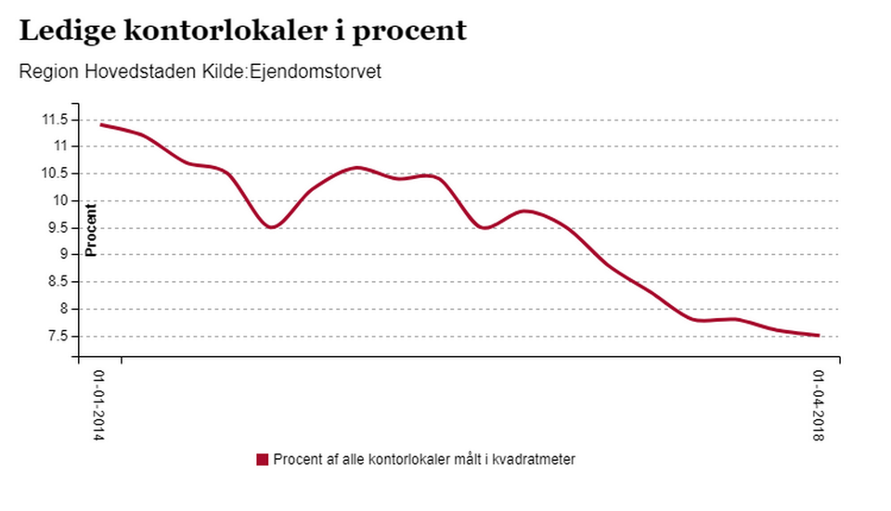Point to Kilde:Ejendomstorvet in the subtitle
(x=291, y=72)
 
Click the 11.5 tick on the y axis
(x=54, y=120)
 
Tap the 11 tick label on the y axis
(x=61, y=147)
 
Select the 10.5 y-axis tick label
(x=54, y=173)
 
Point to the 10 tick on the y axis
(x=61, y=200)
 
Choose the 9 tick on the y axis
(x=65, y=255)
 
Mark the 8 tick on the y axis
(x=65, y=309)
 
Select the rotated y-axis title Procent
(x=91, y=229)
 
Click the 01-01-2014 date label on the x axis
(x=98, y=406)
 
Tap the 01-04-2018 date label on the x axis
(x=819, y=406)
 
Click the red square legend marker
(x=262, y=460)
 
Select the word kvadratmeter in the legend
(x=535, y=460)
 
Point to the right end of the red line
(x=819, y=336)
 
